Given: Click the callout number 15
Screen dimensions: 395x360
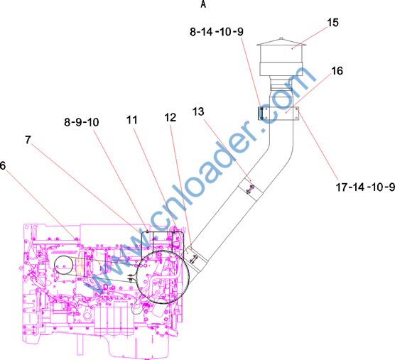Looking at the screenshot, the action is coord(332,23).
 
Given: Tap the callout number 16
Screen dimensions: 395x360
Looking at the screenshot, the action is coord(337,71).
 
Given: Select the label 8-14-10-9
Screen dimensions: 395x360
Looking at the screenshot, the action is coord(217,32).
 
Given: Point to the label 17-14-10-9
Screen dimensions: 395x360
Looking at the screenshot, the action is coord(365,187).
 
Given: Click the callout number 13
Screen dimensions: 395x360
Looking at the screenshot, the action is coord(198,111).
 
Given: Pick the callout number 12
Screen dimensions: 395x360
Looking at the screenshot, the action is coord(170,117).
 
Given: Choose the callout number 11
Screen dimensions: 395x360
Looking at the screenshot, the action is coord(131,120).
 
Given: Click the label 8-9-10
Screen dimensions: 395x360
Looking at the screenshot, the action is coord(82,122).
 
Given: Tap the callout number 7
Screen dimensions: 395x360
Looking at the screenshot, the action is coord(28,140).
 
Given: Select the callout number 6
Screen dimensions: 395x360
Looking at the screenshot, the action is coord(3,165).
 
